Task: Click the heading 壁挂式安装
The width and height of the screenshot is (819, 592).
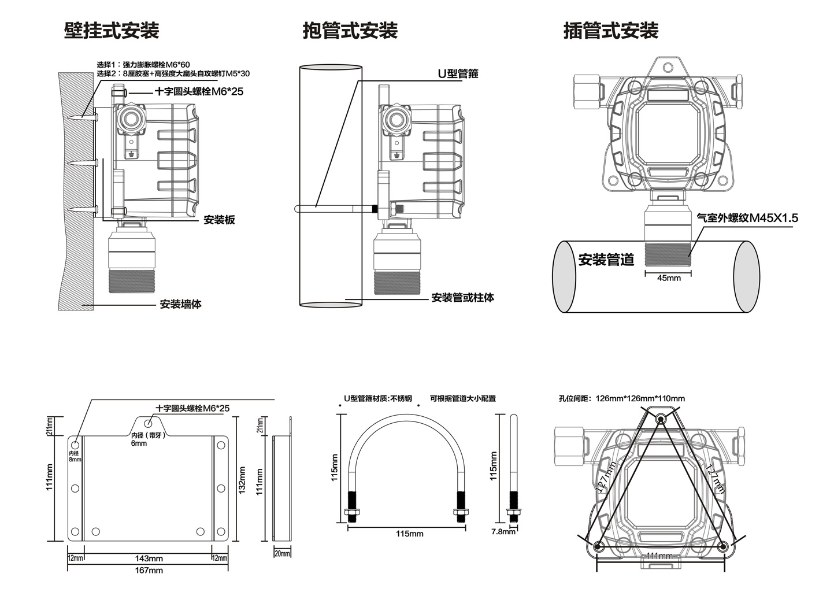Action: tap(111, 30)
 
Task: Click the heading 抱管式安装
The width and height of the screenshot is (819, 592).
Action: tap(350, 30)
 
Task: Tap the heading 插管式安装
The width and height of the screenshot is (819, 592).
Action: tap(610, 30)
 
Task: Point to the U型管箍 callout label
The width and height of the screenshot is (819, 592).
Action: tap(457, 74)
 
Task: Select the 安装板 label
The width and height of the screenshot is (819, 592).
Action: tap(219, 220)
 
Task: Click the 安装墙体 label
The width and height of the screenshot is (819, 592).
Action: tap(180, 304)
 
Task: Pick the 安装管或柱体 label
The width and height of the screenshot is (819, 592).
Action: tap(462, 298)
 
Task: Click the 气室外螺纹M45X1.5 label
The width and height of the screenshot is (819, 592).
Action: tap(747, 218)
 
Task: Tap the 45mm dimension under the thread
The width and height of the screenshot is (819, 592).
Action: tap(669, 278)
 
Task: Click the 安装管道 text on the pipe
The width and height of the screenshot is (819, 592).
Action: tap(606, 260)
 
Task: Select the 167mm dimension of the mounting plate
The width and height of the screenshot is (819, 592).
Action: tap(149, 571)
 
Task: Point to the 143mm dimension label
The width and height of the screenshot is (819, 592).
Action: tap(149, 558)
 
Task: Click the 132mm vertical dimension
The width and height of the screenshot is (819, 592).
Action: tap(243, 480)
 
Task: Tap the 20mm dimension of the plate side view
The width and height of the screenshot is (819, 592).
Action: tap(282, 554)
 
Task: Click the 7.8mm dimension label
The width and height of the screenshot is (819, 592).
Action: tap(502, 531)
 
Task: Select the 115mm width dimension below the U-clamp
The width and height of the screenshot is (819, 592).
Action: tap(409, 534)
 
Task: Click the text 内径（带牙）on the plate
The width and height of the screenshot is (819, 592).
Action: tap(149, 435)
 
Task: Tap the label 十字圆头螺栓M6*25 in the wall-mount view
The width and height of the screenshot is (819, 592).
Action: tap(199, 91)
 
